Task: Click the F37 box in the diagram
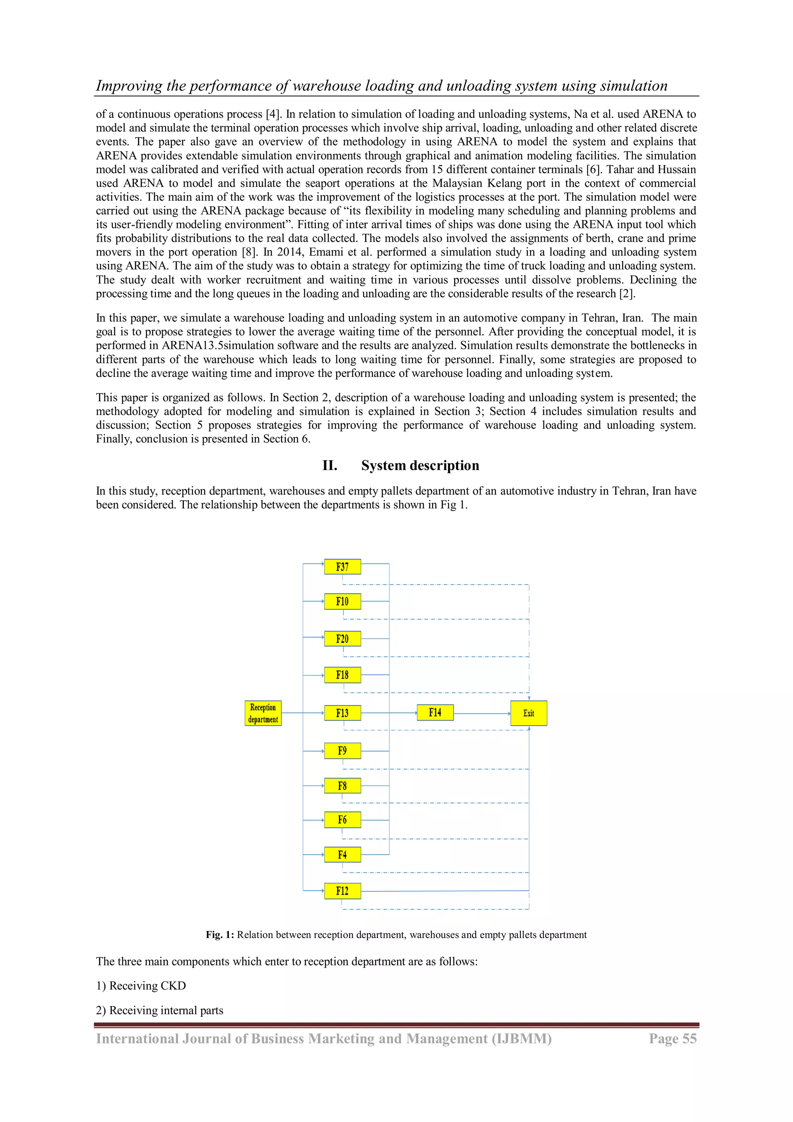342,567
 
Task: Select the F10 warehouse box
342,602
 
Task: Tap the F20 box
342,639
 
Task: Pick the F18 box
342,675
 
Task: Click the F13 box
342,713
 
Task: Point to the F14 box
435,712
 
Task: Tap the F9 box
342,750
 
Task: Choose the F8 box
342,786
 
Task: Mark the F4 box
342,855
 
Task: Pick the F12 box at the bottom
342,891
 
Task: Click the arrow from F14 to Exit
482,714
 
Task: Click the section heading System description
420,465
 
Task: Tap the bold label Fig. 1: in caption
220,935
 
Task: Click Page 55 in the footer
673,1039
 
